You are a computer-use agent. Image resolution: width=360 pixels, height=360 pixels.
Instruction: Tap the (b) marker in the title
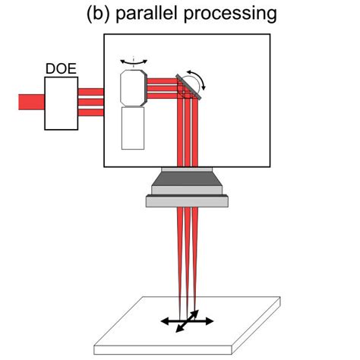pyautogui.click(x=99, y=13)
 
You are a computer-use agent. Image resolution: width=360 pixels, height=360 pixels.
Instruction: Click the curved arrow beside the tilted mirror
pyautogui.click(x=204, y=77)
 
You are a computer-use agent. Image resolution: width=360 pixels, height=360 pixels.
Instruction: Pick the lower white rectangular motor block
pyautogui.click(x=135, y=127)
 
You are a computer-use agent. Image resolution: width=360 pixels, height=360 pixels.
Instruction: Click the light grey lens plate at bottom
pyautogui.click(x=187, y=201)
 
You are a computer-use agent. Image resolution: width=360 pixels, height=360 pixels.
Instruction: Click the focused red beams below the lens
pyautogui.click(x=187, y=251)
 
